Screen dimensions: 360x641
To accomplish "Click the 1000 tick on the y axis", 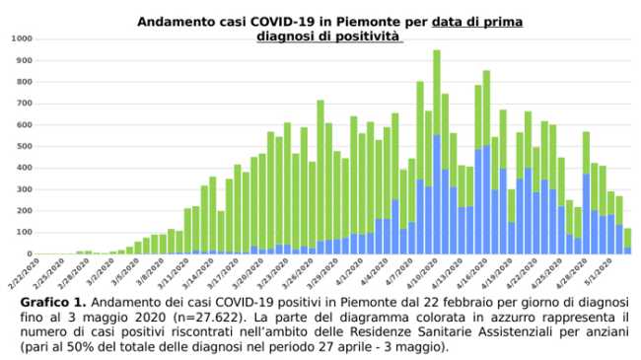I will (x=21, y=38).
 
